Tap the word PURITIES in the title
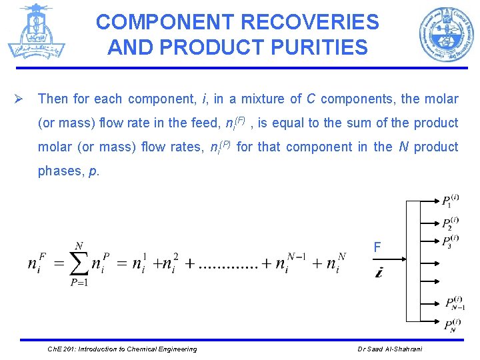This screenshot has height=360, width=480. pyautogui.click(x=317, y=47)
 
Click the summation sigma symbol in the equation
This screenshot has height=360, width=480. pyautogui.click(x=78, y=263)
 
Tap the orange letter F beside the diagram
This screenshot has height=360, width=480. pyautogui.click(x=377, y=248)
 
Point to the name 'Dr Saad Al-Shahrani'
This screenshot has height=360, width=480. pyautogui.click(x=389, y=349)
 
